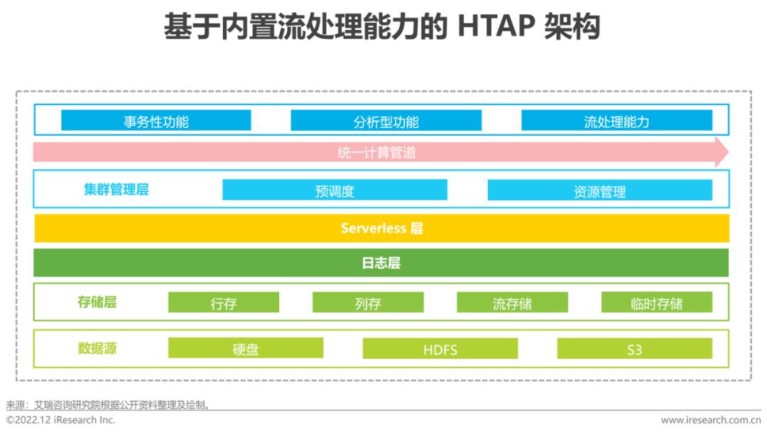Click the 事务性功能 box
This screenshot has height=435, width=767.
click(156, 120)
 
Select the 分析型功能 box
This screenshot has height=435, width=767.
click(386, 120)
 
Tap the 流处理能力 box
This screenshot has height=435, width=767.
click(617, 120)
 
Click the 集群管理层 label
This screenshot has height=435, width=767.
click(116, 189)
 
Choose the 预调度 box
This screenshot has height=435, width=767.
click(334, 190)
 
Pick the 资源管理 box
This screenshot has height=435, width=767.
click(599, 190)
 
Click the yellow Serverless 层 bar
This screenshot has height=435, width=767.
click(381, 228)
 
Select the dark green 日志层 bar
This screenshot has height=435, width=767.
click(381, 263)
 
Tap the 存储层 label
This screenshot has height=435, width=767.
click(97, 302)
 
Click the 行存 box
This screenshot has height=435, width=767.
click(224, 302)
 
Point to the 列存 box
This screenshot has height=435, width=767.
click(368, 302)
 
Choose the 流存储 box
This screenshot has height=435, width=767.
click(512, 302)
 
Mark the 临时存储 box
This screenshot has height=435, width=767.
click(656, 302)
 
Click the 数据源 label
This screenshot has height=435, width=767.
click(97, 348)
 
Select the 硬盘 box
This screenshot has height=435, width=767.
click(246, 348)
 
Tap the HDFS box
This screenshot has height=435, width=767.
click(440, 348)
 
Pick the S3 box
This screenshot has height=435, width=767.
click(634, 348)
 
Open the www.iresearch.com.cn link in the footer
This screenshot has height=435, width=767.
click(711, 420)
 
